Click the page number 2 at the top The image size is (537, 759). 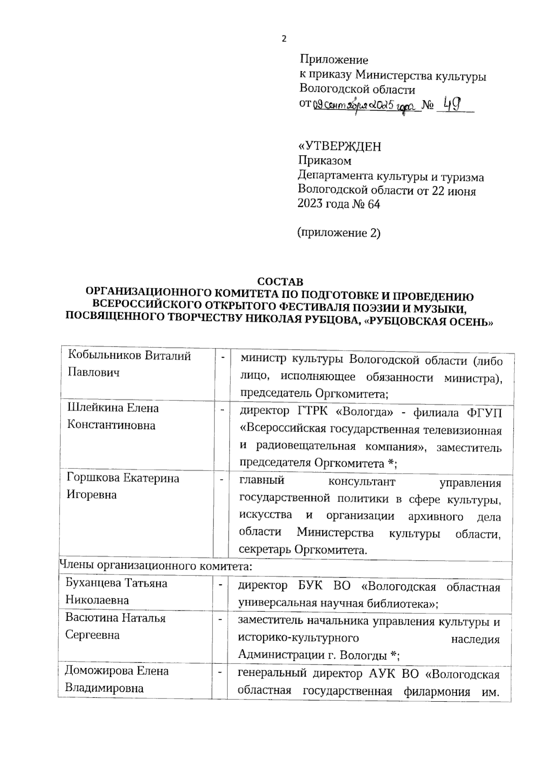tap(283, 39)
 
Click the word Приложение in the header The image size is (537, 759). tap(334, 60)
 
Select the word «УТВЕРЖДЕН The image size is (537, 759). tap(340, 146)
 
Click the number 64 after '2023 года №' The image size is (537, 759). tap(373, 205)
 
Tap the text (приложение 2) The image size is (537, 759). tap(339, 233)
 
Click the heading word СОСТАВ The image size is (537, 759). tap(280, 282)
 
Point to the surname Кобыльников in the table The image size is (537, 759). tap(105, 356)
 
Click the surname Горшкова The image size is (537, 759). tap(93, 478)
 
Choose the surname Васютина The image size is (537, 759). tap(92, 618)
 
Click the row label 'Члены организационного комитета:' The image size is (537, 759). tap(156, 566)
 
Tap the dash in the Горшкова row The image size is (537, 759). tap(221, 480)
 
